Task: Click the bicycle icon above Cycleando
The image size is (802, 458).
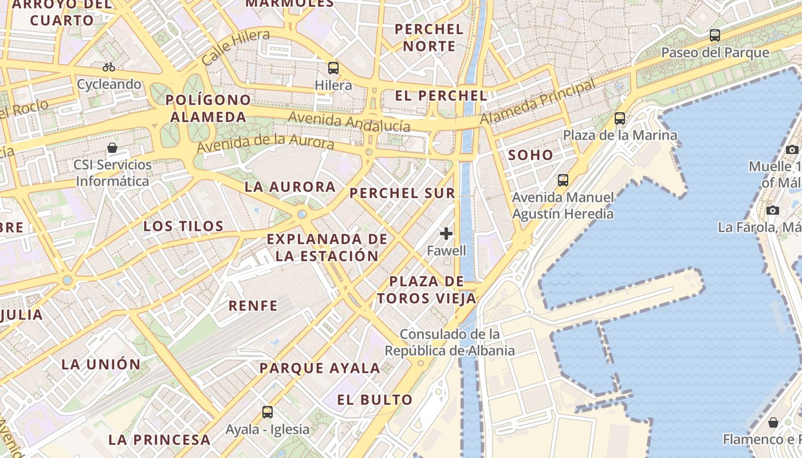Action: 109,67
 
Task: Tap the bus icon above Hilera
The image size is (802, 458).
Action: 333,68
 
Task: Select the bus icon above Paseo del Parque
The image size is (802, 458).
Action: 714,35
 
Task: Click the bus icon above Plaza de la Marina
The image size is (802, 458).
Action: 620,119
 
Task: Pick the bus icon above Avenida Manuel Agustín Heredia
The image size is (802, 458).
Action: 563,180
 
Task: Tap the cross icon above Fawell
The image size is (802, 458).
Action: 446,234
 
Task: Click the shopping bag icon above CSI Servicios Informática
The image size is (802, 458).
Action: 112,148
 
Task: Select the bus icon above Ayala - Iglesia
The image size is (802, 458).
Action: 268,412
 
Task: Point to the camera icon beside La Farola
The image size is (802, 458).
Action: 773,210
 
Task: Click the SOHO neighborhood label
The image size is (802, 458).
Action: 530,155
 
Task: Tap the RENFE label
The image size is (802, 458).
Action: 253,306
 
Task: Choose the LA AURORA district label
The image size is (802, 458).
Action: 290,187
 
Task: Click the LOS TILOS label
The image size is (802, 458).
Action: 183,226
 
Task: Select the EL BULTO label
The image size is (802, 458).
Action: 375,400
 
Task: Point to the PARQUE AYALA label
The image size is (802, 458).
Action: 320,368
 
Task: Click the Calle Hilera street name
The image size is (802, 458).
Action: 235,48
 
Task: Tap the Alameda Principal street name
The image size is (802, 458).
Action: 538,102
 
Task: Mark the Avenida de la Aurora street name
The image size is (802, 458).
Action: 265,141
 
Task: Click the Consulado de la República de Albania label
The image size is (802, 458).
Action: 450,342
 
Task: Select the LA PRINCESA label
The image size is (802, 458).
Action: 159,440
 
